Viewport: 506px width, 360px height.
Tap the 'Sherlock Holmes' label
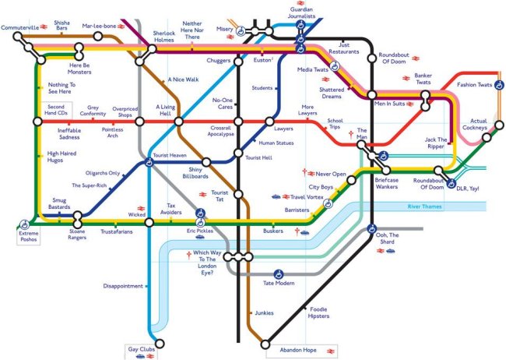point(163,37)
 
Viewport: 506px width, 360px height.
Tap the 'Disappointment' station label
point(122,286)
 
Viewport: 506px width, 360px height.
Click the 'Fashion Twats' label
point(475,84)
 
